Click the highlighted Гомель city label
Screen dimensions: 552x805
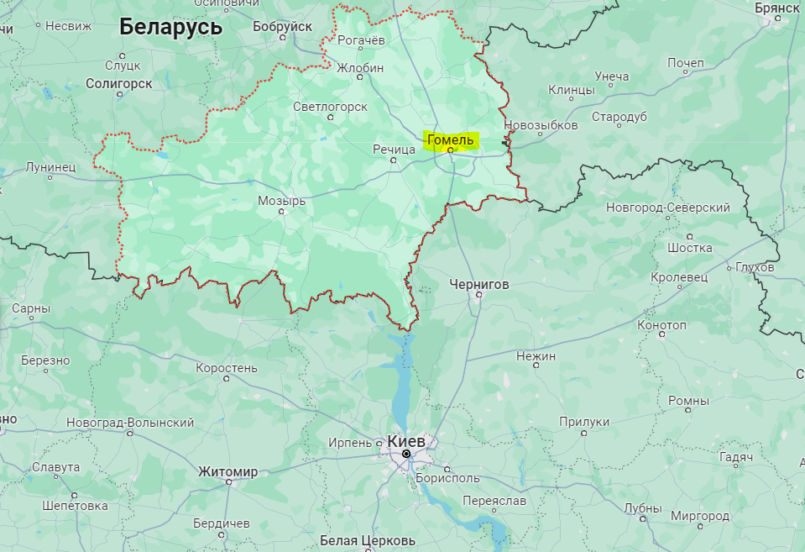[x=451, y=139]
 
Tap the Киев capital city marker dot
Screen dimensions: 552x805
[x=406, y=454]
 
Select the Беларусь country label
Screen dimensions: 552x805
[x=170, y=27]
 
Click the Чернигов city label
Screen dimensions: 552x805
[x=478, y=284]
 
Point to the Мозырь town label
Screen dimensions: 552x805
[x=281, y=201]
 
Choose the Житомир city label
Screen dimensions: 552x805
[x=227, y=472]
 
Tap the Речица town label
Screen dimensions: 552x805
[x=394, y=149]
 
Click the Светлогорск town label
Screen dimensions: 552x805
[x=331, y=107]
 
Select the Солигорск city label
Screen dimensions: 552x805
[x=118, y=83]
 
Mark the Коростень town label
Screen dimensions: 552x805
[x=226, y=368]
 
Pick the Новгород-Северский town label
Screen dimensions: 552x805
[x=668, y=207]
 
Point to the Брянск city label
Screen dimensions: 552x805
[x=777, y=7]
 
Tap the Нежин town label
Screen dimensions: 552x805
[x=536, y=356]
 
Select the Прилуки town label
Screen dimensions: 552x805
[x=583, y=422]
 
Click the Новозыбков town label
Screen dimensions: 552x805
[x=541, y=125]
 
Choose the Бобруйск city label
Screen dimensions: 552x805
[x=282, y=27]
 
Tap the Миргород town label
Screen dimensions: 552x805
[x=700, y=515]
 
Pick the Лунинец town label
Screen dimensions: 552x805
[x=50, y=167]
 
